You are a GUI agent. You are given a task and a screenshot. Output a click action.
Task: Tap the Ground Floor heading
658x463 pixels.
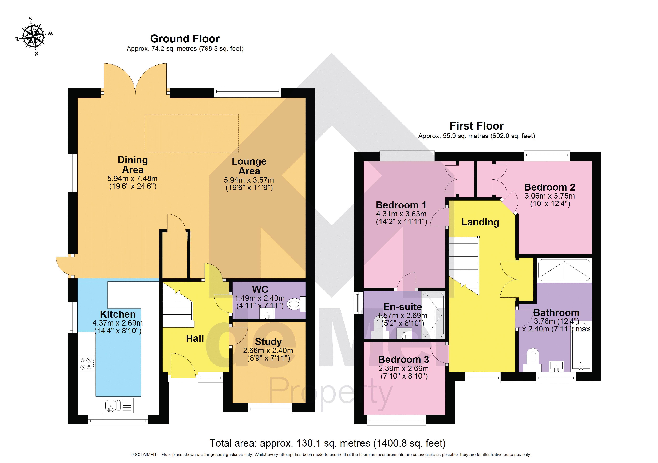185,39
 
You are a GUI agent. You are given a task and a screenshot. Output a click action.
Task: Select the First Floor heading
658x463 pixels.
476,126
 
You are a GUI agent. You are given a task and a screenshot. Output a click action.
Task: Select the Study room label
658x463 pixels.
268,342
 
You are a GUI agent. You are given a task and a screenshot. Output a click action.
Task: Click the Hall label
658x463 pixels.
195,339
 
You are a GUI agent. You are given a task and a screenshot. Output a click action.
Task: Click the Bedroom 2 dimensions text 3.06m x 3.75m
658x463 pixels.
549,196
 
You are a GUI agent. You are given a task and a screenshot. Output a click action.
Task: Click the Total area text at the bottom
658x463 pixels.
327,443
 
